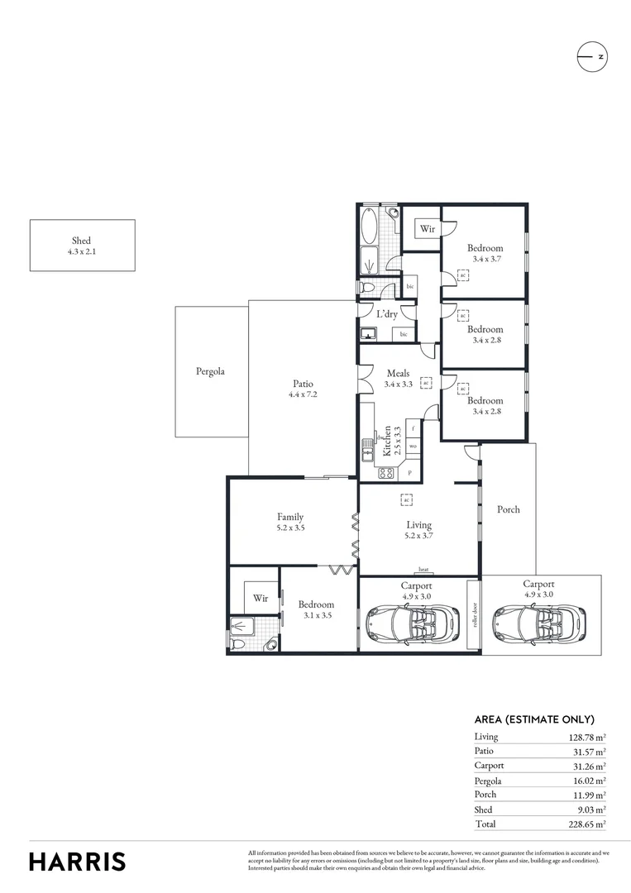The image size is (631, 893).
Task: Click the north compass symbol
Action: (592, 57)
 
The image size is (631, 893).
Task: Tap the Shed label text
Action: (81, 241)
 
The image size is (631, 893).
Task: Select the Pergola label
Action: (211, 372)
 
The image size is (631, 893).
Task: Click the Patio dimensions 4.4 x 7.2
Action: (303, 395)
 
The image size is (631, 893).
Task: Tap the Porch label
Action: (509, 509)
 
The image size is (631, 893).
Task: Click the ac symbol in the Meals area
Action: (426, 383)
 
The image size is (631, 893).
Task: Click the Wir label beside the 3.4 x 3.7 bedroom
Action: (427, 229)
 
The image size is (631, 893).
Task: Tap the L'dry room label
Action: (387, 314)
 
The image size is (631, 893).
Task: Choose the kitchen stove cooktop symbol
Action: (385, 474)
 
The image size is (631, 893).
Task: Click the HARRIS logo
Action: (78, 862)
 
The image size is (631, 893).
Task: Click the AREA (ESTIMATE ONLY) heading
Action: (534, 719)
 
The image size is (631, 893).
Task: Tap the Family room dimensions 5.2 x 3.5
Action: (290, 528)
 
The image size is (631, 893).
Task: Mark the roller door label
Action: (473, 615)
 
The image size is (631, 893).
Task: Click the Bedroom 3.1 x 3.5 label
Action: (316, 604)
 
